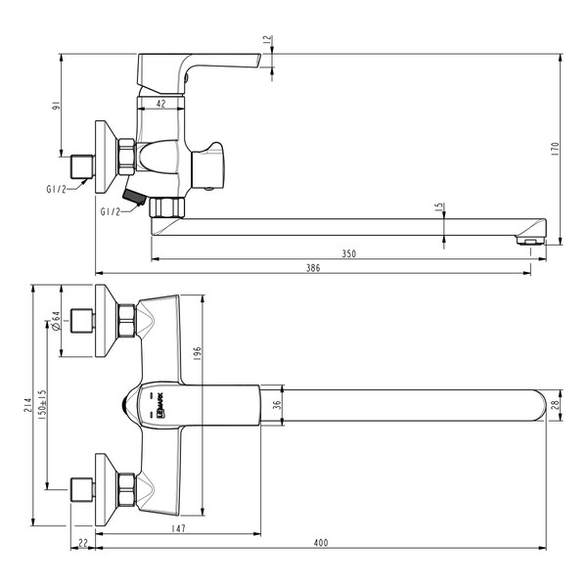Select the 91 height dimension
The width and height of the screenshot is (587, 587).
click(x=58, y=106)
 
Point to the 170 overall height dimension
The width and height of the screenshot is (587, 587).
click(x=555, y=149)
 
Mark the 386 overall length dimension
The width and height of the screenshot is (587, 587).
click(x=314, y=267)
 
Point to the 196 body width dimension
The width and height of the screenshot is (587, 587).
click(x=196, y=352)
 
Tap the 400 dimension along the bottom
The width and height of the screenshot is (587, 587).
click(x=322, y=543)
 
